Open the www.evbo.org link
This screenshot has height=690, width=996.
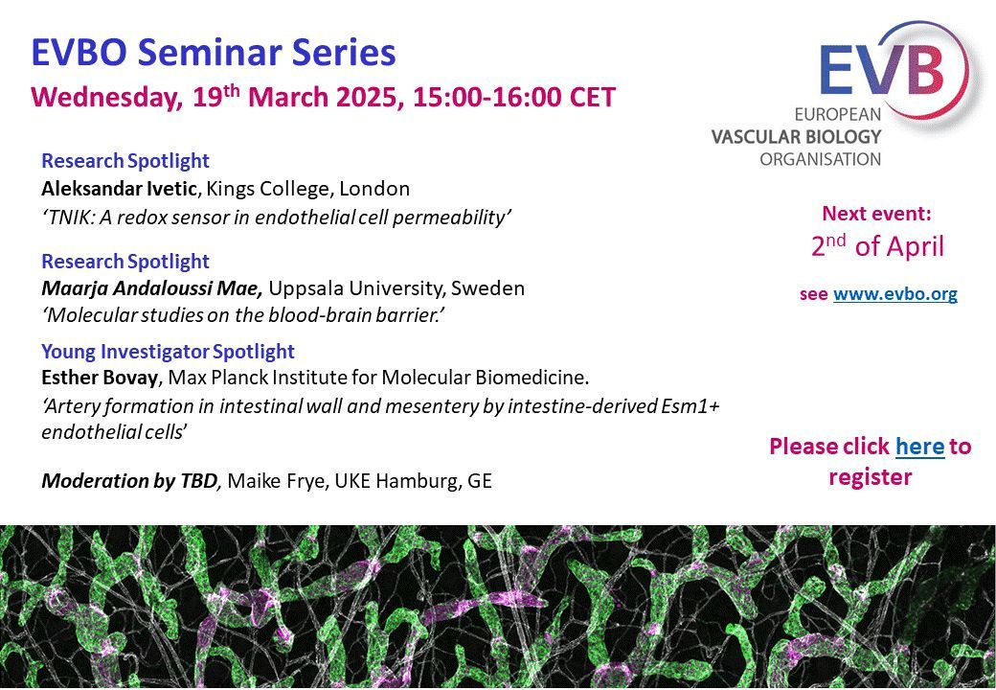[x=895, y=295]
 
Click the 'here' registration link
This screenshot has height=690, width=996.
[x=919, y=447]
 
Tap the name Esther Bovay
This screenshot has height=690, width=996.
[x=100, y=378]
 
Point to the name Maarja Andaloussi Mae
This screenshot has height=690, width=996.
[x=152, y=288]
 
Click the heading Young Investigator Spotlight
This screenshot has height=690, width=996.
[x=169, y=352]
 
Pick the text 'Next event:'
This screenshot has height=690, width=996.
[x=876, y=214]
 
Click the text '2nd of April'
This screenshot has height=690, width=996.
[x=877, y=246]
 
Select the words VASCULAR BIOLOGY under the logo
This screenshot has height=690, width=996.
[x=796, y=136]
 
